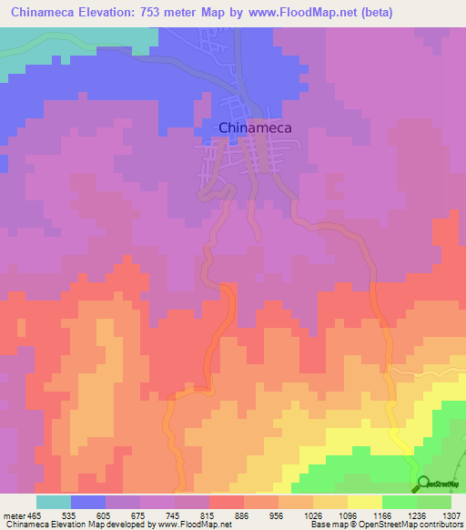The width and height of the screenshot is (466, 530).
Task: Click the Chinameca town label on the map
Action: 255,128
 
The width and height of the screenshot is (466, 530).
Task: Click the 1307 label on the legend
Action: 451,515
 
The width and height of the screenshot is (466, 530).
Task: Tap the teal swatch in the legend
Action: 54,502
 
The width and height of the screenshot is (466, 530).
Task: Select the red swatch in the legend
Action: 226,502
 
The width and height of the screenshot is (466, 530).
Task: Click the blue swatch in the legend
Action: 88,502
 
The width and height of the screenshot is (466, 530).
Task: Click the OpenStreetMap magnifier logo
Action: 424,484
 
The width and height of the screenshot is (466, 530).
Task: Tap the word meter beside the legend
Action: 14,515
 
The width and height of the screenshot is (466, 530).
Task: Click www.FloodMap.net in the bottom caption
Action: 194,524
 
